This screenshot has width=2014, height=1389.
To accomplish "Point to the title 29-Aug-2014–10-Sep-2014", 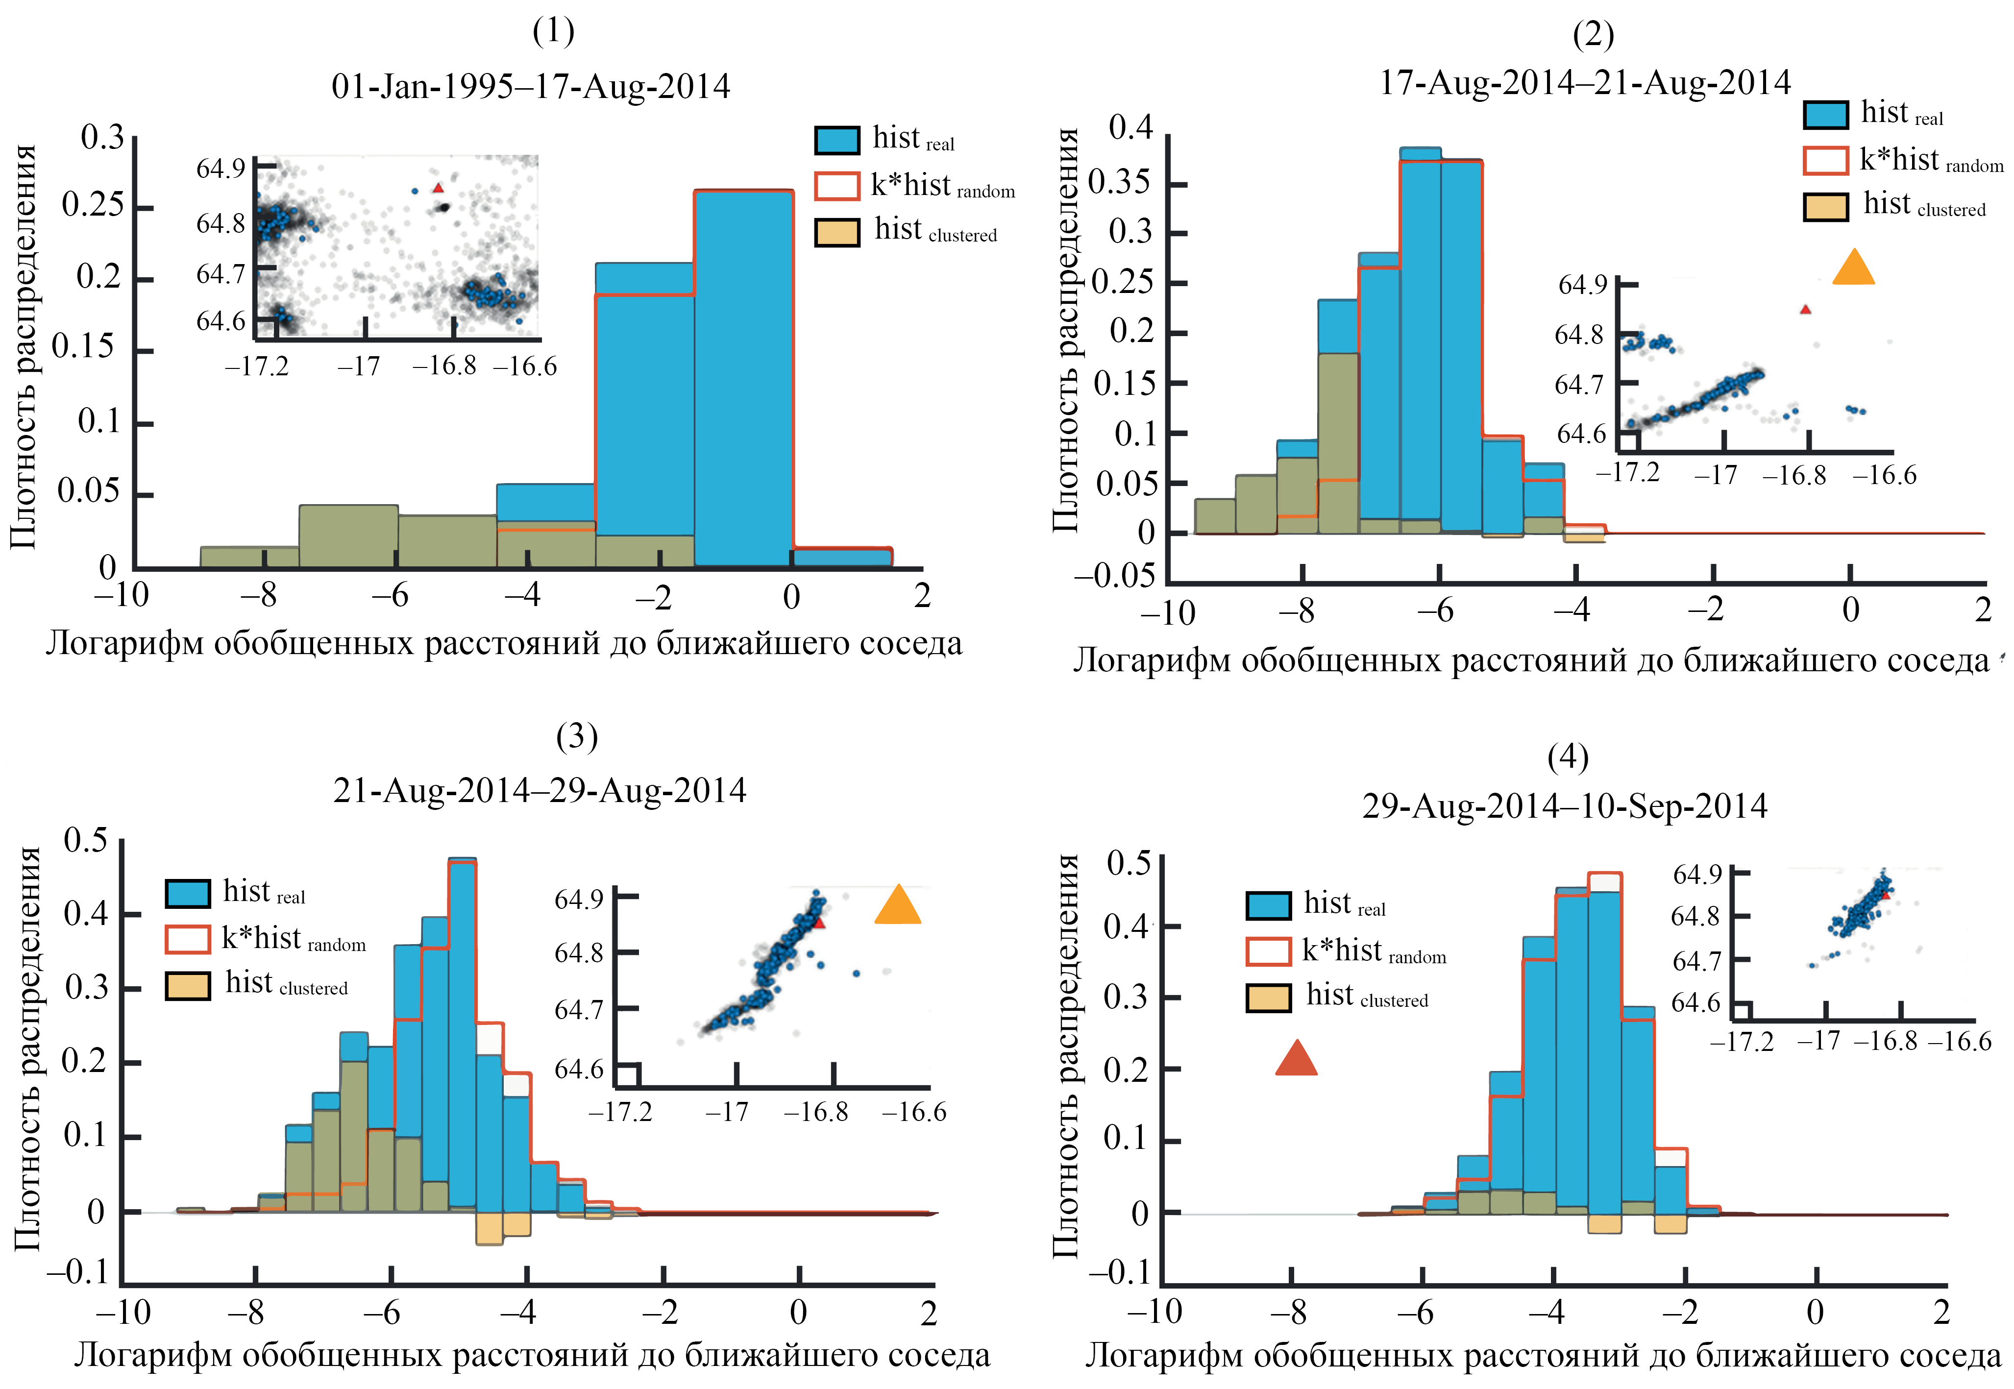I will click(1564, 806).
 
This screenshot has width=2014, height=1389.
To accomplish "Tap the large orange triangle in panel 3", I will click(897, 906).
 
